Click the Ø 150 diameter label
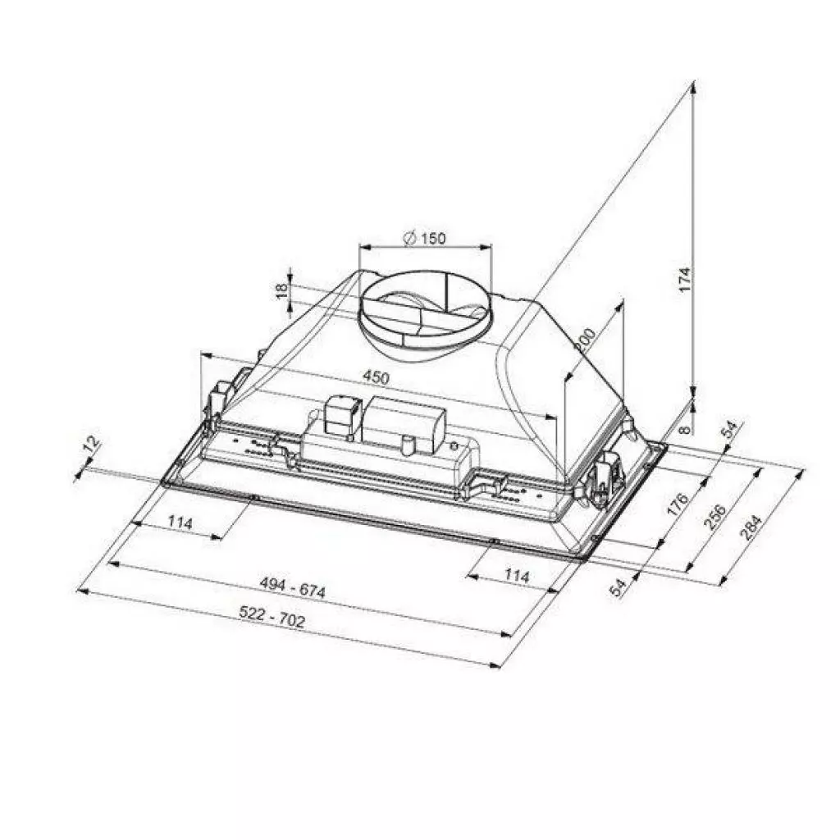[425, 239]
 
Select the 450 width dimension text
[375, 378]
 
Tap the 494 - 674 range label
[293, 588]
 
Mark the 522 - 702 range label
[272, 618]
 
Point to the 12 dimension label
[91, 445]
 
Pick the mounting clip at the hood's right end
[605, 476]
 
